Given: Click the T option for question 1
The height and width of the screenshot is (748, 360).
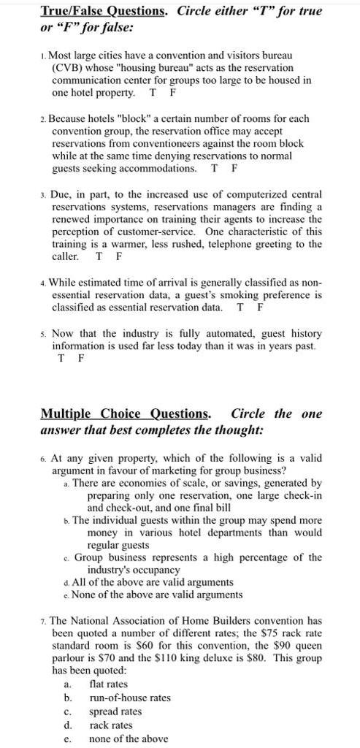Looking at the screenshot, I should pyautogui.click(x=153, y=93).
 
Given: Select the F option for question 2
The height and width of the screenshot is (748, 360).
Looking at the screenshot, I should pyautogui.click(x=233, y=168).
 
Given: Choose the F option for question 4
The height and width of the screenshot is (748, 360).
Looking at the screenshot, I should pyautogui.click(x=261, y=308).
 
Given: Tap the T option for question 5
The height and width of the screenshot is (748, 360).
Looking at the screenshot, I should pyautogui.click(x=61, y=358).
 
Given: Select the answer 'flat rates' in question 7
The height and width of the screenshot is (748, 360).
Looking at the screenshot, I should pyautogui.click(x=108, y=684).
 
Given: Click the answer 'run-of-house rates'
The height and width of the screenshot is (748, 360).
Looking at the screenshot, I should pyautogui.click(x=129, y=698).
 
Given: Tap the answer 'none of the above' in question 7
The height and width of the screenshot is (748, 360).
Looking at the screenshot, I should pyautogui.click(x=128, y=739).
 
